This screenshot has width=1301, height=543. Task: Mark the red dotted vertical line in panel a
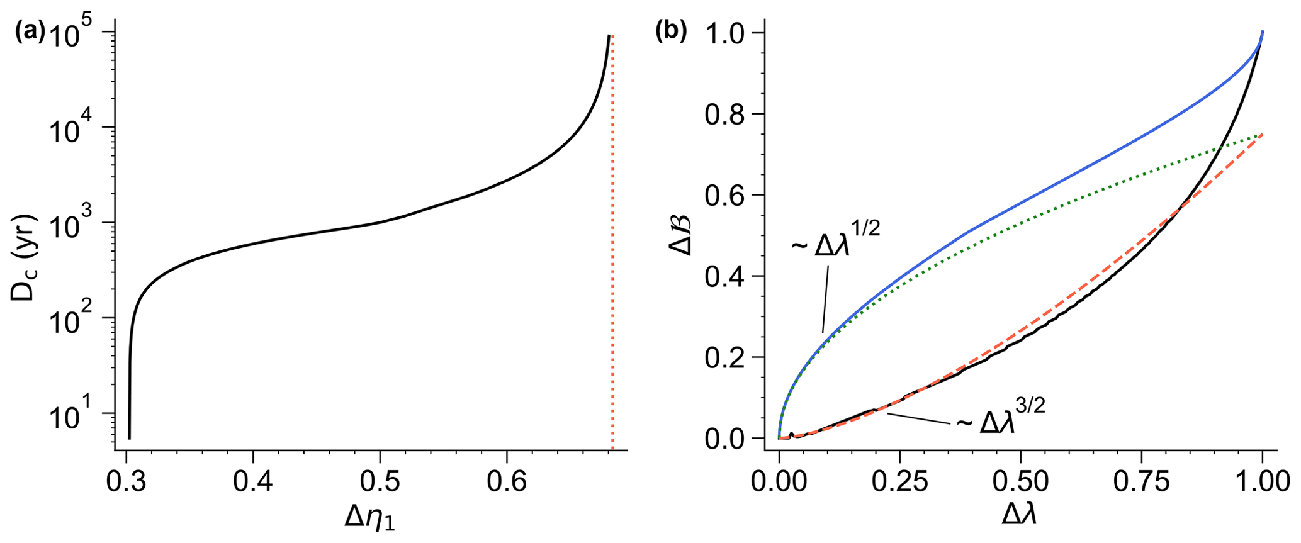tap(612, 252)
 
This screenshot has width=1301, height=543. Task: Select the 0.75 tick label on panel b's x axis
tap(1140, 483)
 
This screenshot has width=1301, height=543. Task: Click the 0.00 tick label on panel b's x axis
tap(779, 483)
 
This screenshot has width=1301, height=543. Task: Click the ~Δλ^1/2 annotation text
tap(835, 242)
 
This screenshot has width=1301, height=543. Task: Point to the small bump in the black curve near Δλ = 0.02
tap(791, 434)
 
